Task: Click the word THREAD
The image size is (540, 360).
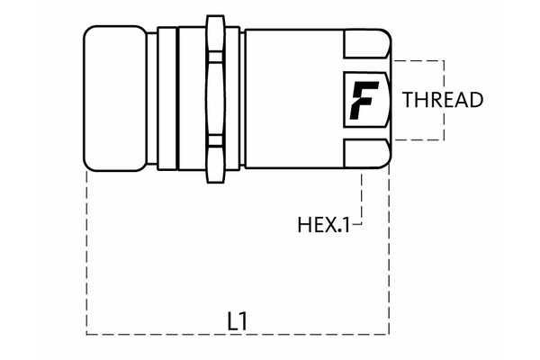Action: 443,100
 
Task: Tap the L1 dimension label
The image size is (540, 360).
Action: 237,319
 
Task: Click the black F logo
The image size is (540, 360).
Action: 364,100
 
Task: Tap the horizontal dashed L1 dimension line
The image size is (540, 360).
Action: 162,334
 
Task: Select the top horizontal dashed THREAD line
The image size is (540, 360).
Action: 418,60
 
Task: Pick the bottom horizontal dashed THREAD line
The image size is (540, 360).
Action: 418,139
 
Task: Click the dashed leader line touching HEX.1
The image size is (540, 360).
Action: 361,198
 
